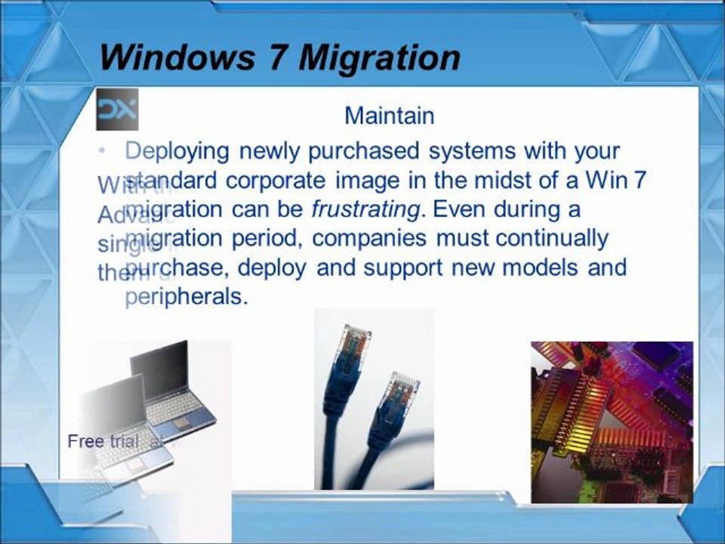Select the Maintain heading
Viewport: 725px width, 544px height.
pos(389,116)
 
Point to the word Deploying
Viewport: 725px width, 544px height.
pos(177,151)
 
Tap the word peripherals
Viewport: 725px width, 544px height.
pos(186,297)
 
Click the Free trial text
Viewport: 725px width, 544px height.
pos(103,441)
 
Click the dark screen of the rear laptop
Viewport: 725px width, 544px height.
pos(159,370)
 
